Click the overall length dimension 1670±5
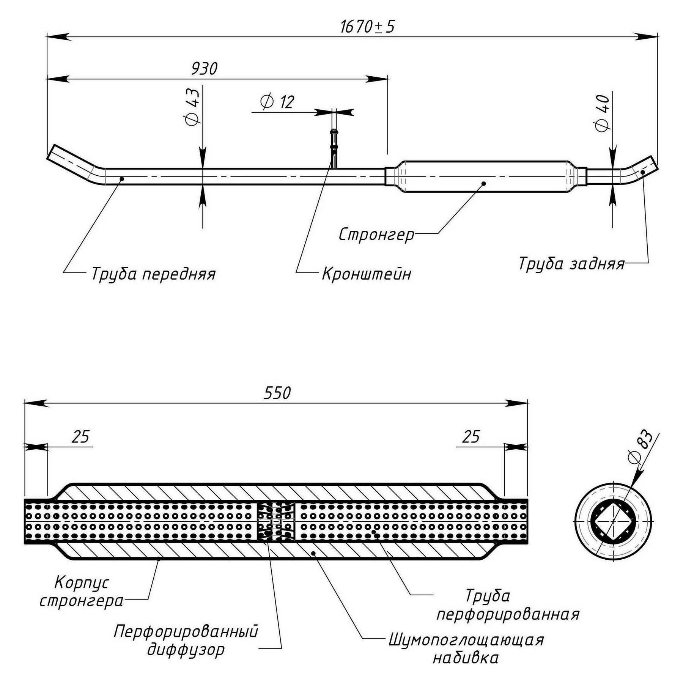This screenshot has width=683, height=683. [367, 27]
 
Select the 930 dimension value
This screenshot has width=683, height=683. [204, 69]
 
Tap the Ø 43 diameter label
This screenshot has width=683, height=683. [192, 107]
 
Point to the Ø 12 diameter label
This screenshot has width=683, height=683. [277, 102]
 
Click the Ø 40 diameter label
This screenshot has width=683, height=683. [602, 113]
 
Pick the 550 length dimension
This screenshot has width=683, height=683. [277, 393]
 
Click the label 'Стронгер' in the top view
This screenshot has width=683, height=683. [376, 234]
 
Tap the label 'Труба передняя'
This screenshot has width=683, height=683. [153, 274]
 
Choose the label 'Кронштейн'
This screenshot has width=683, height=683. [367, 274]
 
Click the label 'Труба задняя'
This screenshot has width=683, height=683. [571, 263]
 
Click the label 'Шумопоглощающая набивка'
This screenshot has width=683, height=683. [466, 648]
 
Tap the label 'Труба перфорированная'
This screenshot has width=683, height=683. [508, 605]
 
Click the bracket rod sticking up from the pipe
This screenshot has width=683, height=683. [334, 148]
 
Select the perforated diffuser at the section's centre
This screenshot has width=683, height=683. [276, 521]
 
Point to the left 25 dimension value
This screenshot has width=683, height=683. [80, 437]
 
